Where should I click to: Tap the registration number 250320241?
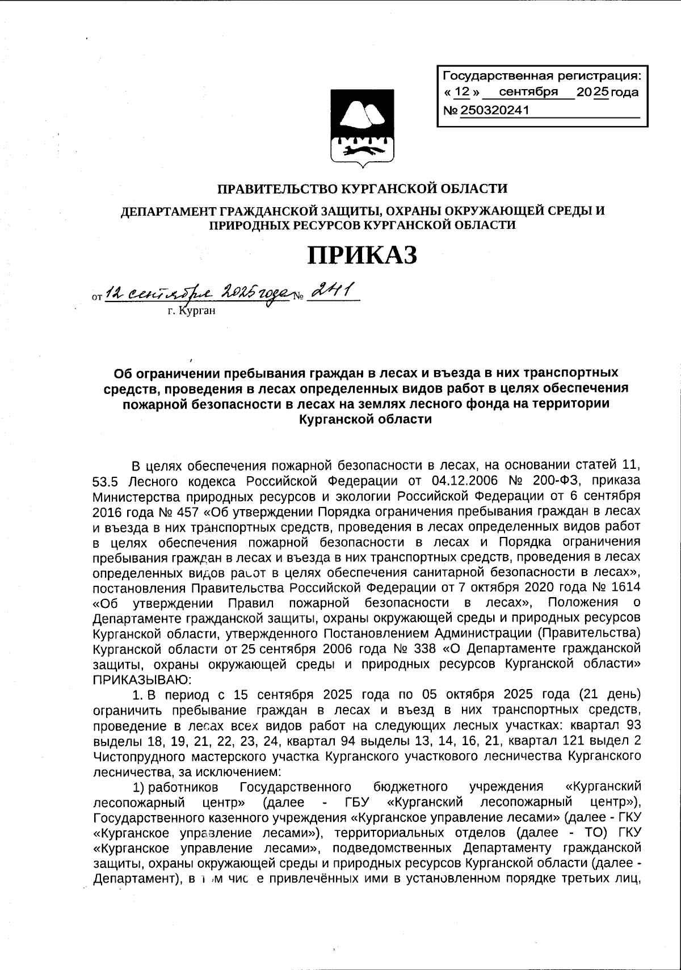point(494,111)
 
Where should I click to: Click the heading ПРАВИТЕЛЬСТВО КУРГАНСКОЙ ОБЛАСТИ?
point(363,188)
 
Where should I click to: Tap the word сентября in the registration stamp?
point(527,92)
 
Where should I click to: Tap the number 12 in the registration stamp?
point(463,92)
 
